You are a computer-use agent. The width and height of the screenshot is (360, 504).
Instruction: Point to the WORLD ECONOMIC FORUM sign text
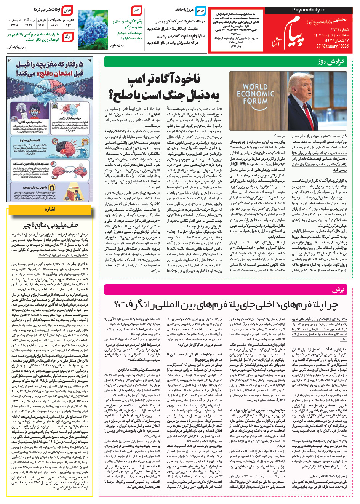tap(255, 93)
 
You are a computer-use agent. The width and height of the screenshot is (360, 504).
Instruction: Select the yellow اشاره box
tap(50, 209)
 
